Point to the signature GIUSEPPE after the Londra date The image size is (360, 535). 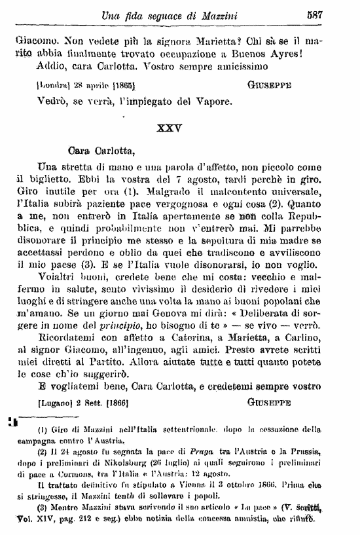(x=276, y=86)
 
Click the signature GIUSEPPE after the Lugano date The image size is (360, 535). (x=276, y=400)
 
